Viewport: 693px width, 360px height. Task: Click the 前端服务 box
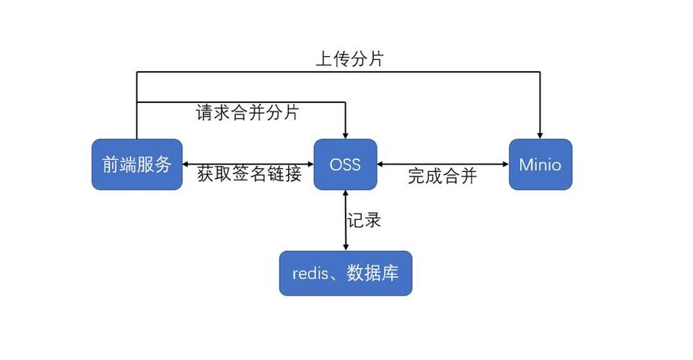(136, 164)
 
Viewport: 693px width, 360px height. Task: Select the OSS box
(346, 164)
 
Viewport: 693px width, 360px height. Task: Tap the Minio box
(540, 164)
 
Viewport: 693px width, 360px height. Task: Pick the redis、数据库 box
(346, 274)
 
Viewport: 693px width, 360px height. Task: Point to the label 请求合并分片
(248, 114)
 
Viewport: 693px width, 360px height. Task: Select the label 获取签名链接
(249, 174)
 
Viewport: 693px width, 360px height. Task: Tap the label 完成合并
(442, 176)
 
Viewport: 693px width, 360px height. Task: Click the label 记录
(364, 221)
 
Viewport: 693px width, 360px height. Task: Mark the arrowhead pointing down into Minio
(540, 134)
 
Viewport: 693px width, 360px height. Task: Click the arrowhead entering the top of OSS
(346, 134)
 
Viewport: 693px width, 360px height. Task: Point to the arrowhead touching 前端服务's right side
(187, 164)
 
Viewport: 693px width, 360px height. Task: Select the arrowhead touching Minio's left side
(503, 164)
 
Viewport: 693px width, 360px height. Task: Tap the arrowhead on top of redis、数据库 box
(346, 246)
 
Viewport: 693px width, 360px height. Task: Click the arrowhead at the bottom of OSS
(346, 195)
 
